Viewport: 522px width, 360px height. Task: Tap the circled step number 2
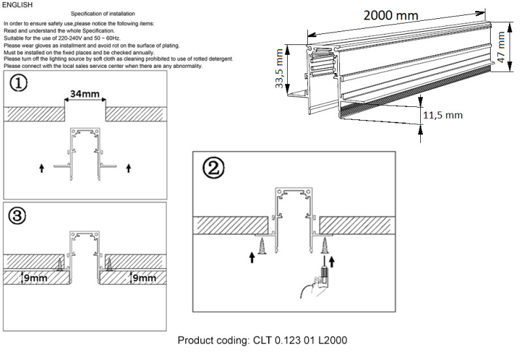[213, 169]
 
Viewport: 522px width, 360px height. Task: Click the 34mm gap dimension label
[85, 94]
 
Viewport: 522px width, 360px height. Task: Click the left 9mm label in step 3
[35, 278]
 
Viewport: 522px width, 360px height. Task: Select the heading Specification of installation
[108, 13]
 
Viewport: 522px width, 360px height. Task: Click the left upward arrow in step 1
[42, 168]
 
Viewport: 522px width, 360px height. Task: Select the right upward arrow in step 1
[129, 168]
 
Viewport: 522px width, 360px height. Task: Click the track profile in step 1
[85, 153]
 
